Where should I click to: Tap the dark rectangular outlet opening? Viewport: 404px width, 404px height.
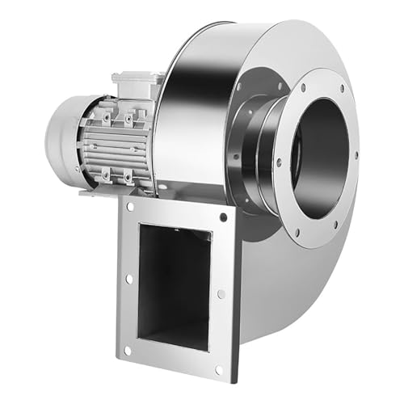pos(174,283)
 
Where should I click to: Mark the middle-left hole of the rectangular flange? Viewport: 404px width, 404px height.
pos(128,279)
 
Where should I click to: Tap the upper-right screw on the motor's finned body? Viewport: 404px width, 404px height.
pos(128,120)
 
